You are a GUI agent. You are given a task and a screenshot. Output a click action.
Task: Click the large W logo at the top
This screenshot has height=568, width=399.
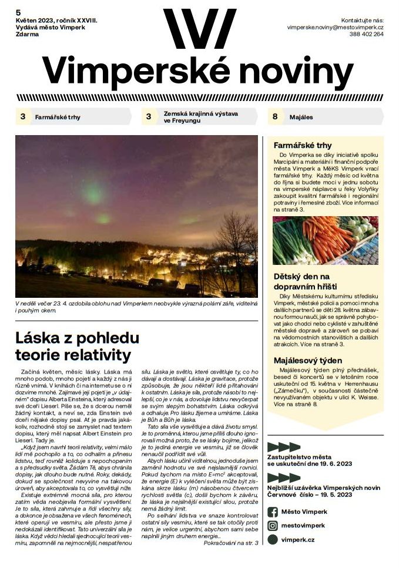click(199, 29)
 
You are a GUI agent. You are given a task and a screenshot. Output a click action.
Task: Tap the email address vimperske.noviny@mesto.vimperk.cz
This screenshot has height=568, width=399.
click(335, 27)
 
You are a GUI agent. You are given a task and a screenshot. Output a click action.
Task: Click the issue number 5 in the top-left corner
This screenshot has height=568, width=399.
click(18, 12)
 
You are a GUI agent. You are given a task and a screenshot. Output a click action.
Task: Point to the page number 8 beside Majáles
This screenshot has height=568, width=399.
click(274, 117)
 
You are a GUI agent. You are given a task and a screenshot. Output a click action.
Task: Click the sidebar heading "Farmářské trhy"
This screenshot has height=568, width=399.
click(303, 145)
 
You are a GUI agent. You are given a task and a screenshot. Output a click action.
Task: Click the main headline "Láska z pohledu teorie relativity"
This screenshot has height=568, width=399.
click(77, 346)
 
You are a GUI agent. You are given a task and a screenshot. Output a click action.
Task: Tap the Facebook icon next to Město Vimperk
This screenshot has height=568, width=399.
click(272, 512)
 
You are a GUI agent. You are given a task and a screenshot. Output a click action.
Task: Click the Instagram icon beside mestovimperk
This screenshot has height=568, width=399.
click(272, 526)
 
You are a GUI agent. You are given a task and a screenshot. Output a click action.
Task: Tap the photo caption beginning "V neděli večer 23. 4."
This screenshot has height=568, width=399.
click(136, 306)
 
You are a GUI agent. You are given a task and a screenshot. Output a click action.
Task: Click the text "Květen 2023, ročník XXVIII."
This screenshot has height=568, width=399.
click(56, 21)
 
